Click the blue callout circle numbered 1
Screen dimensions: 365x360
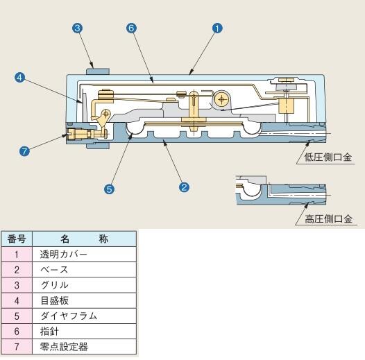(217, 28)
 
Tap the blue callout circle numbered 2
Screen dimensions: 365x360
(184, 187)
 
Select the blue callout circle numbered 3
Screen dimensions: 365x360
(78, 28)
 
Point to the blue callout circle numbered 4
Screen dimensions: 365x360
(19, 77)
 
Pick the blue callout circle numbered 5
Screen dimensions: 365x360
(109, 189)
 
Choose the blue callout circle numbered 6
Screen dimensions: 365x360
(131, 28)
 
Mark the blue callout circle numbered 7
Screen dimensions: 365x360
(24, 151)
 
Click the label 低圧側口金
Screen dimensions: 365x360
(328, 157)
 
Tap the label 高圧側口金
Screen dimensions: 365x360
(328, 219)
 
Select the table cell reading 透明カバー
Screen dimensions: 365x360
(84, 255)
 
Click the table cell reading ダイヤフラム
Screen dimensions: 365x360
(84, 316)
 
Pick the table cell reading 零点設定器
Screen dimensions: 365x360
(84, 347)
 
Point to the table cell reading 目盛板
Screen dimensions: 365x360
(84, 300)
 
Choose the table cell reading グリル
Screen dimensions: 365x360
(84, 285)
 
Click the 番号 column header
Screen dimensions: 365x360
(17, 239)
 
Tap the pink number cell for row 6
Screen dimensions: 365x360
(17, 332)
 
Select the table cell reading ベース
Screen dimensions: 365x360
(84, 270)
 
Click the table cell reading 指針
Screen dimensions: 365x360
(84, 332)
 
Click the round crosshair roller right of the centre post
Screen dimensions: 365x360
(221, 100)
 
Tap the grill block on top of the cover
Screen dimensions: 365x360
(98, 71)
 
